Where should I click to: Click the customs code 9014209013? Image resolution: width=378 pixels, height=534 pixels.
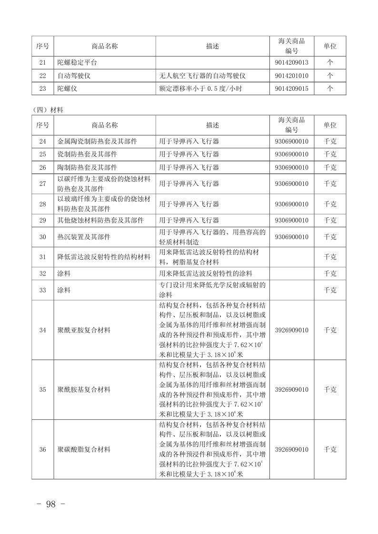pos(291,62)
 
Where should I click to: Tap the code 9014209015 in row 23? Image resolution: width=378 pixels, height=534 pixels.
pos(291,88)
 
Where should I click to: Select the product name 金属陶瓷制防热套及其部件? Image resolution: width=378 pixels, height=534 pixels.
pos(97,141)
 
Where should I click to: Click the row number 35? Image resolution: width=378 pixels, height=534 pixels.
pos(43,389)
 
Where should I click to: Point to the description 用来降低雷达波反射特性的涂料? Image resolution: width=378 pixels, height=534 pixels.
pos(206,273)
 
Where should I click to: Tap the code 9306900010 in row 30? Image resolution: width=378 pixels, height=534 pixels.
pos(291,237)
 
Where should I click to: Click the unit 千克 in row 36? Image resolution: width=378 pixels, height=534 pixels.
pos(330,449)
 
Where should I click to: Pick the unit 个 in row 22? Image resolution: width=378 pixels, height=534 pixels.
pos(330,76)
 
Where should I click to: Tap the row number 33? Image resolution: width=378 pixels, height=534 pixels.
pos(43,290)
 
